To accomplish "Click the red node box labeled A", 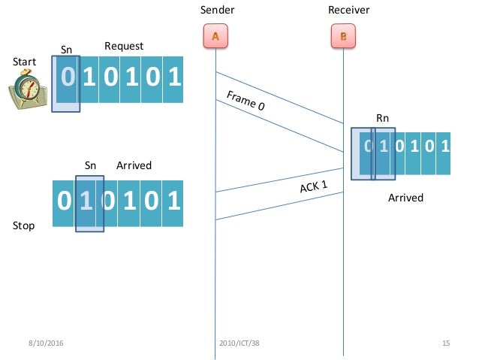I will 215,36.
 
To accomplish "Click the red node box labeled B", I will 343,36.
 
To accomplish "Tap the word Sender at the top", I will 217,10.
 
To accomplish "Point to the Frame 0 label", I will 246,101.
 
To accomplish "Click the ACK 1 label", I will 314,185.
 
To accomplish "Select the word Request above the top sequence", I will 123,47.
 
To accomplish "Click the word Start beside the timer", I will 25,61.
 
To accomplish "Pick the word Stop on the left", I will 24,225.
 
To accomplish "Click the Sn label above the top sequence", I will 66,50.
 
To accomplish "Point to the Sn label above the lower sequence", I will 90,165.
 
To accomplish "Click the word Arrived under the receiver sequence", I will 405,198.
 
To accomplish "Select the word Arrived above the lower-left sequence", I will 134,165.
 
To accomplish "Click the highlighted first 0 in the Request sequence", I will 67,77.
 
